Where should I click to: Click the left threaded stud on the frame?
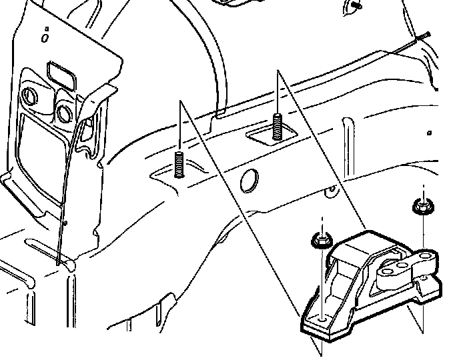[179, 164]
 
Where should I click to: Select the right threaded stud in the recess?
[276, 127]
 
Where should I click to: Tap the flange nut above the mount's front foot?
[322, 241]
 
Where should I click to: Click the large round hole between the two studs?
[248, 180]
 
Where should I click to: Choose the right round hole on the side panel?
[64, 111]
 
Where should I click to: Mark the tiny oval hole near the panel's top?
[45, 38]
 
